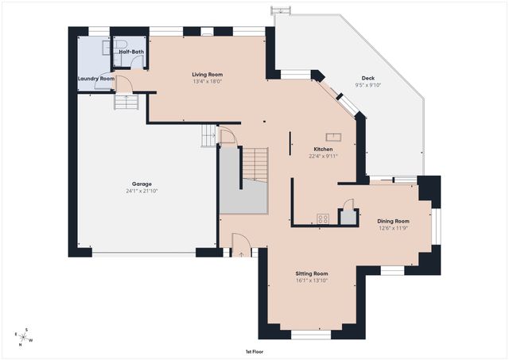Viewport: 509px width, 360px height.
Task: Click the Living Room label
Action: tap(207, 75)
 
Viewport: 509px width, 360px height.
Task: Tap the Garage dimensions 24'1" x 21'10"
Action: tap(142, 191)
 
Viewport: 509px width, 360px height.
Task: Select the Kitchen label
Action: tap(323, 149)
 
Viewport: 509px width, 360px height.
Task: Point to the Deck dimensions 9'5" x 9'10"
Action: tap(367, 85)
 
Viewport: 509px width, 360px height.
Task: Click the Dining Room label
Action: tap(393, 221)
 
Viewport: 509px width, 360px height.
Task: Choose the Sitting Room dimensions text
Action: tap(312, 281)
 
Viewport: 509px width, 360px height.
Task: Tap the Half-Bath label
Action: tap(131, 52)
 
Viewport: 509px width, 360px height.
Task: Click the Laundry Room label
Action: tap(96, 79)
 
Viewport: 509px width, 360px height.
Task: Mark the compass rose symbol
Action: tap(23, 337)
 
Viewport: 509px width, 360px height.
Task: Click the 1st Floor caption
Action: tap(254, 351)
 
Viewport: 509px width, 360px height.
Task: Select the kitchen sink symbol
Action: tap(333, 137)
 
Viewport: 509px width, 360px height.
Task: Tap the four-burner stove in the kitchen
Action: tap(323, 219)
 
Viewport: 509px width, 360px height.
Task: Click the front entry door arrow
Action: tap(241, 254)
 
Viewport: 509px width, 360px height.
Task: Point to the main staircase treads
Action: tap(255, 165)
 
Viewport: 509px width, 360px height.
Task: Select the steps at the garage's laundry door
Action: tap(126, 102)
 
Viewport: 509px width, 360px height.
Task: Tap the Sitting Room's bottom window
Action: tap(311, 335)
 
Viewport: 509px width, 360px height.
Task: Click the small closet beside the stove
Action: tap(348, 217)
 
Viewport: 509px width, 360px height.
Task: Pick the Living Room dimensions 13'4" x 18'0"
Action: tap(207, 81)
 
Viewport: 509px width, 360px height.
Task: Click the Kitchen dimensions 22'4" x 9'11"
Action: tap(323, 156)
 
